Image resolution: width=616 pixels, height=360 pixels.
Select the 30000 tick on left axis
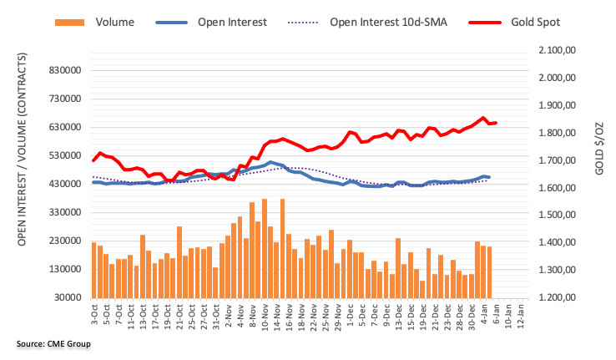click(x=64, y=297)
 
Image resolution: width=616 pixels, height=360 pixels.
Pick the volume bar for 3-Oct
click(x=94, y=270)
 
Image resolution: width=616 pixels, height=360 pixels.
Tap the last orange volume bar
click(x=489, y=272)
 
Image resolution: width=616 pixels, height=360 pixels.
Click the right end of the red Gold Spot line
click(x=496, y=123)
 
